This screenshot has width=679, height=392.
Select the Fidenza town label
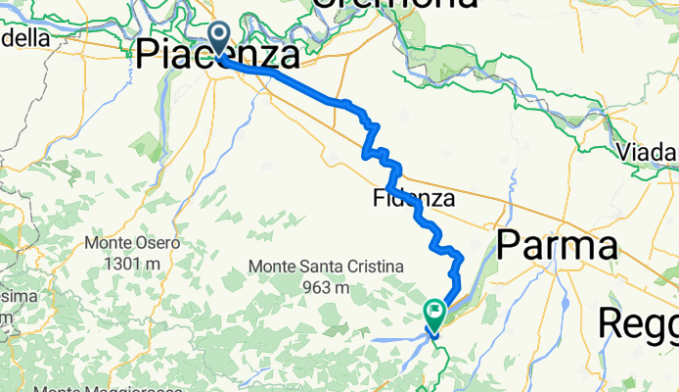pyautogui.click(x=414, y=199)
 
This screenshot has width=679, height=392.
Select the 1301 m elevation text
pyautogui.click(x=131, y=262)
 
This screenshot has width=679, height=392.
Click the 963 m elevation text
pyautogui.click(x=323, y=287)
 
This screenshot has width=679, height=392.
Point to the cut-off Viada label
pyautogui.click(x=649, y=152)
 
